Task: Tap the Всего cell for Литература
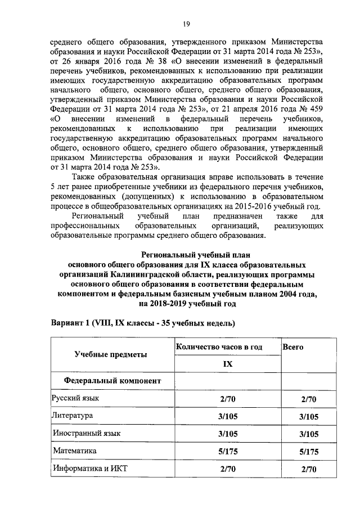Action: pos(309,417)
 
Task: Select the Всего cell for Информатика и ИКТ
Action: pos(309,469)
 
